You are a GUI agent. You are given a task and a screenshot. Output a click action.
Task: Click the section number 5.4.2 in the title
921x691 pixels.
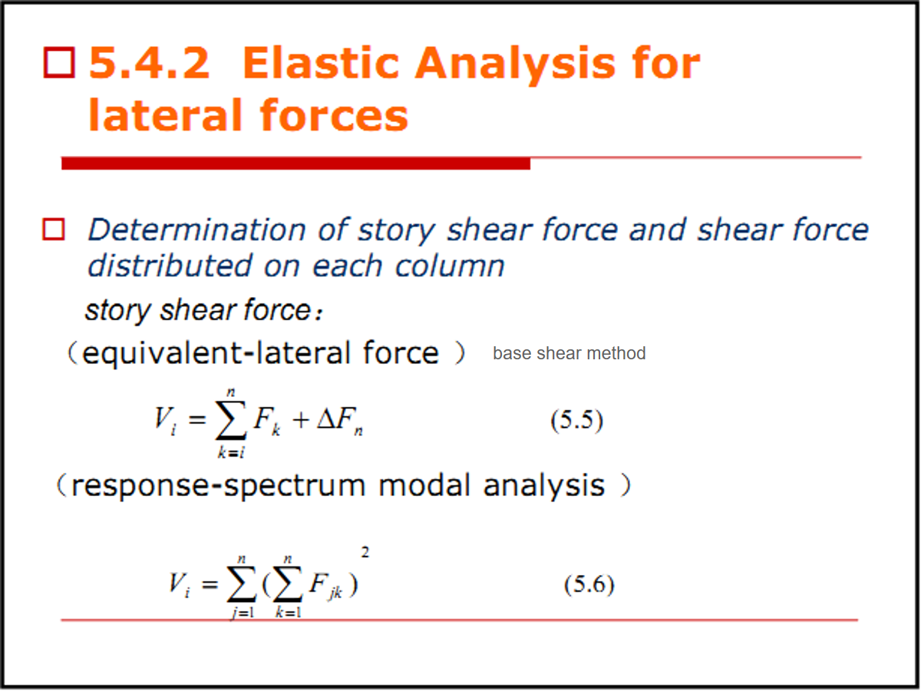149,63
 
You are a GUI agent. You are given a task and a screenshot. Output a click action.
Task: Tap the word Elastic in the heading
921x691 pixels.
321,63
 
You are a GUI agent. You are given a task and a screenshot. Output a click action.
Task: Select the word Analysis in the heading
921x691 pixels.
515,65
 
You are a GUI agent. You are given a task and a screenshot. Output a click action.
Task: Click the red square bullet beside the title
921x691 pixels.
59,62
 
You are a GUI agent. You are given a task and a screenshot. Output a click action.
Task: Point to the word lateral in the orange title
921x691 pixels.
165,114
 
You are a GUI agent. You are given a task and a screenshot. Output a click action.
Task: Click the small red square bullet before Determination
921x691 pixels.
54,230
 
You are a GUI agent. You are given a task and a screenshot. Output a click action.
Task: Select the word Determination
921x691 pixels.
196,230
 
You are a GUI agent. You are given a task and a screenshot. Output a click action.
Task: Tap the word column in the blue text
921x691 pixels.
450,266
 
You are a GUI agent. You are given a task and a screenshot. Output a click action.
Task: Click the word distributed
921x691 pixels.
170,266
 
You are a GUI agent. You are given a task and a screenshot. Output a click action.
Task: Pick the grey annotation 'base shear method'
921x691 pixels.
569,353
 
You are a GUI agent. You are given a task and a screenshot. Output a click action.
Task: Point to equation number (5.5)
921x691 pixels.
577,420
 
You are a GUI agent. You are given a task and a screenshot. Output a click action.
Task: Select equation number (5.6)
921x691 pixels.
589,584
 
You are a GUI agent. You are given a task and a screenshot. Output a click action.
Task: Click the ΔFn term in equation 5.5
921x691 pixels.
340,421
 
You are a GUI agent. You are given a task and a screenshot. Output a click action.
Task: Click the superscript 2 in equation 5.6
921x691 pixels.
365,552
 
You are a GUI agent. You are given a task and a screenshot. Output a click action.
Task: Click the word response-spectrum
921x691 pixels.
219,486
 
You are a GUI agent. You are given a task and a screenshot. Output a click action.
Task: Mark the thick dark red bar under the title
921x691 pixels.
295,164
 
